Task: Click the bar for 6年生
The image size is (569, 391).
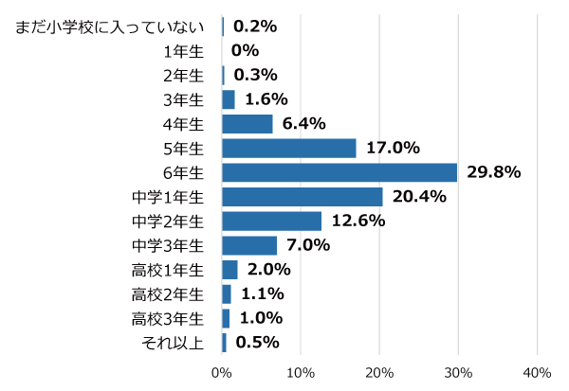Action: tap(340, 172)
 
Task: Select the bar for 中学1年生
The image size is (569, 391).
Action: tap(303, 197)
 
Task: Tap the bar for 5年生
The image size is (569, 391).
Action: tap(289, 149)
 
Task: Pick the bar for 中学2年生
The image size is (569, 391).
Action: tap(272, 222)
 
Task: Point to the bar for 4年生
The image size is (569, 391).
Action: tap(248, 124)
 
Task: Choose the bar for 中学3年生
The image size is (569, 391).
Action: tap(249, 246)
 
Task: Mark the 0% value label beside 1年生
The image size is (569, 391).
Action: tap(245, 51)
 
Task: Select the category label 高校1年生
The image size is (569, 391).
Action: tap(168, 270)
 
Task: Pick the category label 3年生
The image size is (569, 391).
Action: tap(183, 99)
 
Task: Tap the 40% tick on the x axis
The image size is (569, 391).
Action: tap(537, 372)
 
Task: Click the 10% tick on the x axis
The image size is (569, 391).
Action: tap(301, 372)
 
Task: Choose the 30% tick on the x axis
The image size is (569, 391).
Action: tap(458, 372)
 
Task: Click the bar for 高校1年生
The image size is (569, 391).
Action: tap(229, 270)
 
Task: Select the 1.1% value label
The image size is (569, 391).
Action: tap(263, 294)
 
